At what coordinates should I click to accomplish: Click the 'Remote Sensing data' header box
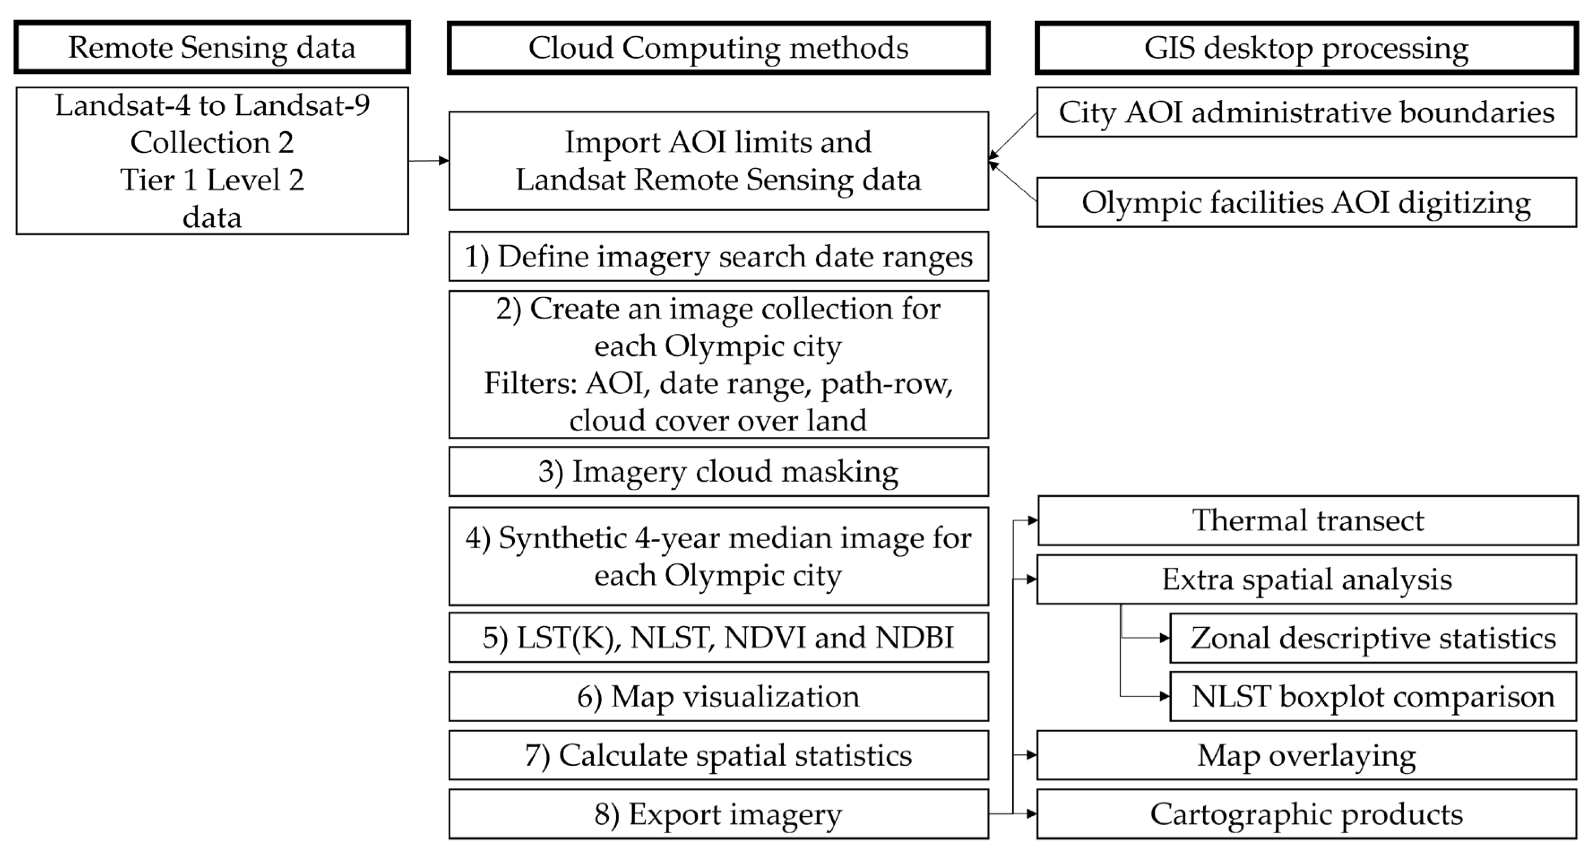point(212,47)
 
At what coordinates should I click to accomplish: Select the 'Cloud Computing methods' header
point(718,47)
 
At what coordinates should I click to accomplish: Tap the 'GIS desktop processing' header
point(1306,47)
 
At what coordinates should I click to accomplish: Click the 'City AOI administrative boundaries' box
point(1306,112)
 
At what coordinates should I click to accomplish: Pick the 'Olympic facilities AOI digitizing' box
point(1306,202)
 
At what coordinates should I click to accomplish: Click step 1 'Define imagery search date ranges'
point(718,256)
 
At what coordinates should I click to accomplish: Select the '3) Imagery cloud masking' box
point(718,471)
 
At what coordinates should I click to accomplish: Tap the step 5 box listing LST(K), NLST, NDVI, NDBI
point(718,637)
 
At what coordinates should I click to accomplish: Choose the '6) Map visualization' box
point(718,697)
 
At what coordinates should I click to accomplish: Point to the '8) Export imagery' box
point(718,814)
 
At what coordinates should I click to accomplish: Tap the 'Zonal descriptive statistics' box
point(1373,638)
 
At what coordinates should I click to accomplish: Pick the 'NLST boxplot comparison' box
point(1373,697)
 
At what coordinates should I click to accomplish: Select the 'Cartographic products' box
point(1306,814)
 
